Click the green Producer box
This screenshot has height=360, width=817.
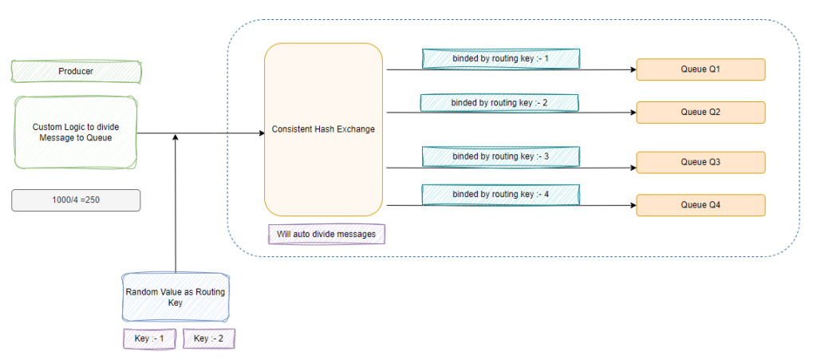76,72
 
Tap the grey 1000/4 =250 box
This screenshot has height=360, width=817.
76,200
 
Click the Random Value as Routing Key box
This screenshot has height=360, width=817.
175,298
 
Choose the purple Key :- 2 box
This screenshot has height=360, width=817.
209,338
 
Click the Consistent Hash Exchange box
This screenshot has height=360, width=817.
323,129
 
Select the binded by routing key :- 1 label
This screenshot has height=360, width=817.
500,58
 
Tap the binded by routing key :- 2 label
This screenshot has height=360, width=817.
500,103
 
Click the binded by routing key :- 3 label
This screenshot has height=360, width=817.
500,156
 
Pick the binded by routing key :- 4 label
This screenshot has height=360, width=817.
500,194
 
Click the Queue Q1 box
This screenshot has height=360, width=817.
701,69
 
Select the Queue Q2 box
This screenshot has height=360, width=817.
701,112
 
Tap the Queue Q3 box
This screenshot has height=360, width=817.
701,162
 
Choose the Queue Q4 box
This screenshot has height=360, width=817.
701,205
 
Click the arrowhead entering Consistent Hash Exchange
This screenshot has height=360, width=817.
260,133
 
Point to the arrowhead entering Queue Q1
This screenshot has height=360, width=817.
632,69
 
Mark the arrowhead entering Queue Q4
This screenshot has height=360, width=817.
632,205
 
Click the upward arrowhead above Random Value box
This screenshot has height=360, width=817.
175,138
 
